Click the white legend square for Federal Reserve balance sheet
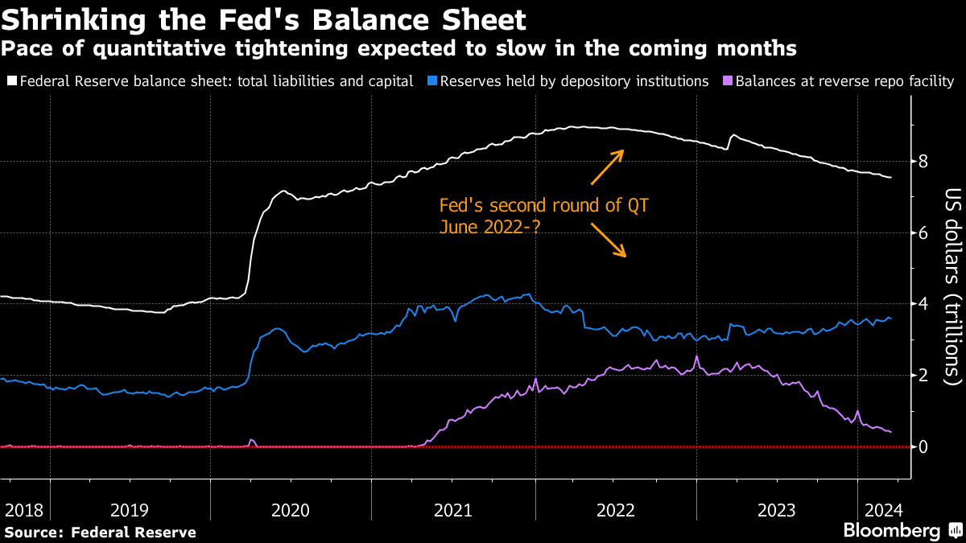[x=10, y=81]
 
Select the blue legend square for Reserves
[x=431, y=81]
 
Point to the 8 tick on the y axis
[x=923, y=162]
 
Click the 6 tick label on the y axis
[x=923, y=233]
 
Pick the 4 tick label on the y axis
[x=923, y=304]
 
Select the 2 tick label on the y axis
[x=923, y=376]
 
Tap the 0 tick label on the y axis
[x=923, y=447]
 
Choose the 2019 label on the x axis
[x=130, y=510]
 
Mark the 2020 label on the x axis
[x=291, y=510]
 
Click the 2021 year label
[x=453, y=510]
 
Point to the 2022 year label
[x=616, y=510]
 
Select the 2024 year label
[x=882, y=510]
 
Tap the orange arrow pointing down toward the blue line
[x=609, y=241]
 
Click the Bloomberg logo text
[x=891, y=531]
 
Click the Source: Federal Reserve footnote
[x=100, y=532]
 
